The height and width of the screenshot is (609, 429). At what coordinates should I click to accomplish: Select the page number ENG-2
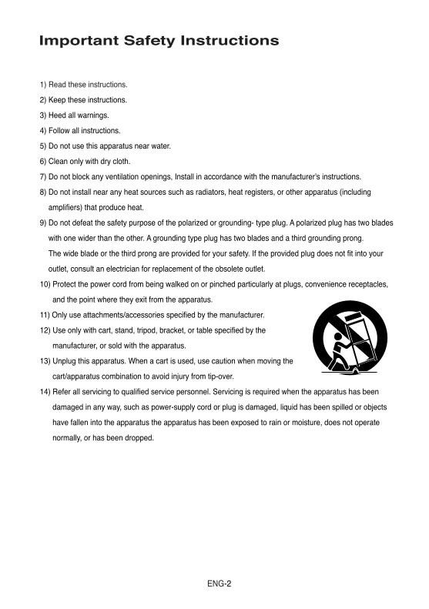pyautogui.click(x=219, y=583)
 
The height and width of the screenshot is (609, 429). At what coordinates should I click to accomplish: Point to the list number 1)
pyautogui.click(x=43, y=84)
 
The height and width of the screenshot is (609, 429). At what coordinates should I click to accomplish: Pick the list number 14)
pyautogui.click(x=45, y=391)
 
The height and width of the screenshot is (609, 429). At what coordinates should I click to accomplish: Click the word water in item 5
pyautogui.click(x=160, y=146)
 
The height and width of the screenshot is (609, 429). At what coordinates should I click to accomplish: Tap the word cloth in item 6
pyautogui.click(x=119, y=161)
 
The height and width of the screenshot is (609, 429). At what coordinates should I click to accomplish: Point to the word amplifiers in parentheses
pyautogui.click(x=66, y=207)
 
